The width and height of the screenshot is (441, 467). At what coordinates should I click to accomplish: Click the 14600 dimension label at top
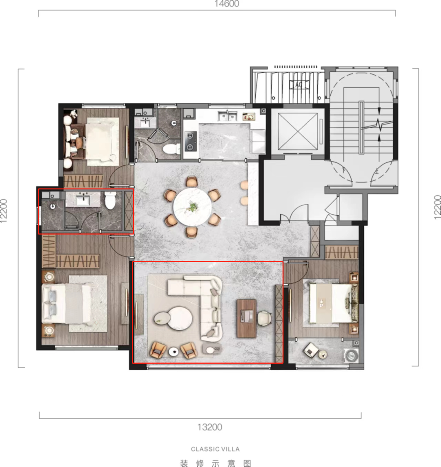[227, 4]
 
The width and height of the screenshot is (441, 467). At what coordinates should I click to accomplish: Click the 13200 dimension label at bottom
[210, 427]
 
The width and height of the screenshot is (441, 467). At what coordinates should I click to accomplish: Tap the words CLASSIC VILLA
[215, 449]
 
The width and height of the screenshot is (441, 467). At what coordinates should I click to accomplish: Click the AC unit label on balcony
[298, 85]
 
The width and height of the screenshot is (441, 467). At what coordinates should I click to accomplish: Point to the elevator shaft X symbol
[298, 131]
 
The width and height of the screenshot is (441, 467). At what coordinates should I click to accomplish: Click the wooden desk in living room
[246, 318]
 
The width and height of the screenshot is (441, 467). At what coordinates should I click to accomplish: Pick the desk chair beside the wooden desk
[264, 318]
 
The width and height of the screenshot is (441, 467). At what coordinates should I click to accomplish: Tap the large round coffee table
[180, 318]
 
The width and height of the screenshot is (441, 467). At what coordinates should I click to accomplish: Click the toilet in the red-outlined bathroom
[110, 200]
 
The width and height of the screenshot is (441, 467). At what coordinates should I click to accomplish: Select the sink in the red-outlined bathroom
[83, 200]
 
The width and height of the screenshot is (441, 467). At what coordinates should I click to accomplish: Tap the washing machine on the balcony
[352, 356]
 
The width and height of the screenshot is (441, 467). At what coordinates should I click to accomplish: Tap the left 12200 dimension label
[4, 211]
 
